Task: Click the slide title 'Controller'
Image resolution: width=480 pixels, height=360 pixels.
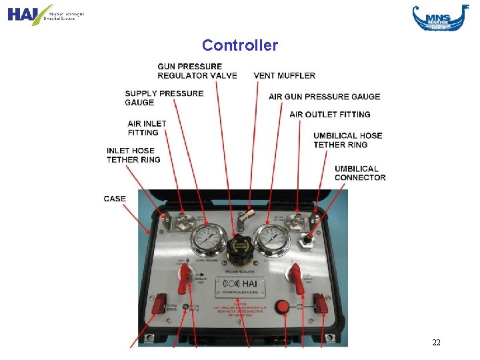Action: point(239,45)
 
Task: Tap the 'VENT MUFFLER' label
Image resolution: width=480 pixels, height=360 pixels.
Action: point(284,75)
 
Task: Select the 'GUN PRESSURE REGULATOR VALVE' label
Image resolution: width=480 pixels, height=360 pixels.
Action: point(197,71)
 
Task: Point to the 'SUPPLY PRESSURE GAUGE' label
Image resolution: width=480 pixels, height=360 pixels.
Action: point(164,98)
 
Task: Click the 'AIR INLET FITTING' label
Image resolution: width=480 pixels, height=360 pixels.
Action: point(147,128)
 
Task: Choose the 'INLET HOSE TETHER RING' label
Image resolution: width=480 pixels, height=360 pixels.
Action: point(133,155)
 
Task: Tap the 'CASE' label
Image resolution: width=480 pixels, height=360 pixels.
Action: point(115,199)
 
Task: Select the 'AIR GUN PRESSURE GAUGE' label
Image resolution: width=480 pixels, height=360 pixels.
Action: point(324,97)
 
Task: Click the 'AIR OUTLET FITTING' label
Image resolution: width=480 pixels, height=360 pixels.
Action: point(329,115)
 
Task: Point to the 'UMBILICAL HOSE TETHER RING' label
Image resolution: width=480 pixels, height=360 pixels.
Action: point(347,140)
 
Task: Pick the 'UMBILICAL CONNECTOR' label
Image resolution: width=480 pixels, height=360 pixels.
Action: point(360,173)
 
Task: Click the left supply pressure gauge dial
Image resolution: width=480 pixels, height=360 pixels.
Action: point(207,240)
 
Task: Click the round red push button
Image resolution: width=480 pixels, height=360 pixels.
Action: point(282,307)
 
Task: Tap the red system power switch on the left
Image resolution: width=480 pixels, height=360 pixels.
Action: point(159,305)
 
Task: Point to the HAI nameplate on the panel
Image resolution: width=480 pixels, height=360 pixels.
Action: point(239,287)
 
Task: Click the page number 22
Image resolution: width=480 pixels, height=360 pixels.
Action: point(436,343)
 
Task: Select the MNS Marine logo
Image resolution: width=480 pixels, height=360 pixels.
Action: point(440,17)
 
